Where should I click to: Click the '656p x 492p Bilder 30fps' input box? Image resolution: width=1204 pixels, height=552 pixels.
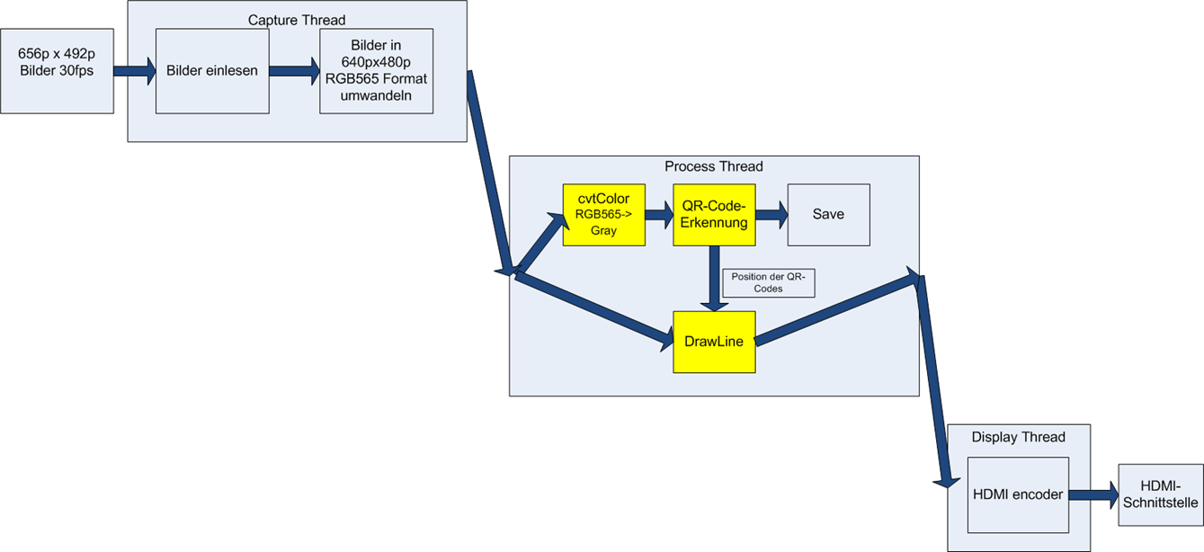pyautogui.click(x=57, y=71)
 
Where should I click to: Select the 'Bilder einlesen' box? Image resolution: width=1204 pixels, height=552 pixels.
pyautogui.click(x=212, y=71)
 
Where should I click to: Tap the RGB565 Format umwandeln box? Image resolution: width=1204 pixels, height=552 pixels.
pyautogui.click(x=376, y=71)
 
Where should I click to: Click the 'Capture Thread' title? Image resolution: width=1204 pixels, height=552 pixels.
pyautogui.click(x=297, y=20)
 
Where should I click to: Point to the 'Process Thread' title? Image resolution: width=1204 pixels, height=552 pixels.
pyautogui.click(x=713, y=166)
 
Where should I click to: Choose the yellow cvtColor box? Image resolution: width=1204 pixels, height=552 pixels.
pyautogui.click(x=603, y=215)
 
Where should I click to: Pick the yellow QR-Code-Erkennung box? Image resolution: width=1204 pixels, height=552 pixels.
pyautogui.click(x=714, y=215)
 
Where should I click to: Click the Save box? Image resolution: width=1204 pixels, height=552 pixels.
pyautogui.click(x=828, y=215)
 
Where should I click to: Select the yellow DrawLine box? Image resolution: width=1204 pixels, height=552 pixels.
pyautogui.click(x=714, y=342)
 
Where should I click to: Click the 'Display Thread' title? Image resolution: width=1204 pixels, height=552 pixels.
pyautogui.click(x=1018, y=438)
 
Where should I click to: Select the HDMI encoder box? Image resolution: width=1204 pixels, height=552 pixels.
pyautogui.click(x=1018, y=494)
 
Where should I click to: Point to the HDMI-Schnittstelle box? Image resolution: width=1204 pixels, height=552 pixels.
pyautogui.click(x=1161, y=494)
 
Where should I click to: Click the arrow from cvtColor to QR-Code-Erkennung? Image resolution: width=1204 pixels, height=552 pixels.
pyautogui.click(x=659, y=215)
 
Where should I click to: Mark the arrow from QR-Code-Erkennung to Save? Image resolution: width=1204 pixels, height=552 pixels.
pyautogui.click(x=771, y=215)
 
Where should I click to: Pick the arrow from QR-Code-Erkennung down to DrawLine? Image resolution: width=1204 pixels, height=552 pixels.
pyautogui.click(x=714, y=279)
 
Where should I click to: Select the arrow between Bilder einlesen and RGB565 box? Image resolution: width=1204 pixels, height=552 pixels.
pyautogui.click(x=294, y=71)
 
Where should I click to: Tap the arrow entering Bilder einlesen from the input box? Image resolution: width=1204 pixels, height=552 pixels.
pyautogui.click(x=135, y=71)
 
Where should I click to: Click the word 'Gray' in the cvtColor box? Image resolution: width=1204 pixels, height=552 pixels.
pyautogui.click(x=603, y=231)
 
